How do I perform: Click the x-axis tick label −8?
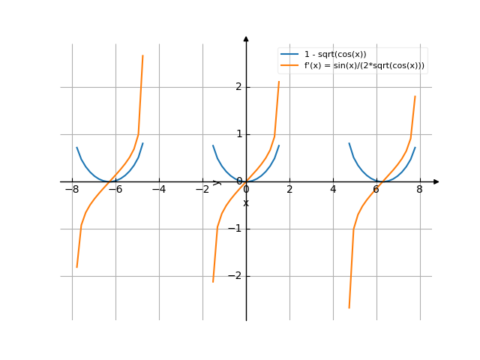point(71,190)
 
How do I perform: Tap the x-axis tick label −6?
point(115,190)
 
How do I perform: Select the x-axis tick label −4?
point(158,190)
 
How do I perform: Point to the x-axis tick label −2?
point(202,190)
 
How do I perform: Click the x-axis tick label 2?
point(289,190)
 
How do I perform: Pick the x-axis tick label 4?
point(333,190)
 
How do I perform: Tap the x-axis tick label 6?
point(376,190)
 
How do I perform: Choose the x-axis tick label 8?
point(420,190)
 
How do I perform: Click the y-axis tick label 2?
point(238,87)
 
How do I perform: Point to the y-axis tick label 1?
point(238,134)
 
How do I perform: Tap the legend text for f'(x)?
point(364,66)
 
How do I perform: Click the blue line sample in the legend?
point(289,55)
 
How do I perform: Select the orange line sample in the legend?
point(289,66)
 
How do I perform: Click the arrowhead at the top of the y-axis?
point(246,37)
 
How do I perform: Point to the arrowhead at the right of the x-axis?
point(436,181)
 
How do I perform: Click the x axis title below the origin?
point(246,203)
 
